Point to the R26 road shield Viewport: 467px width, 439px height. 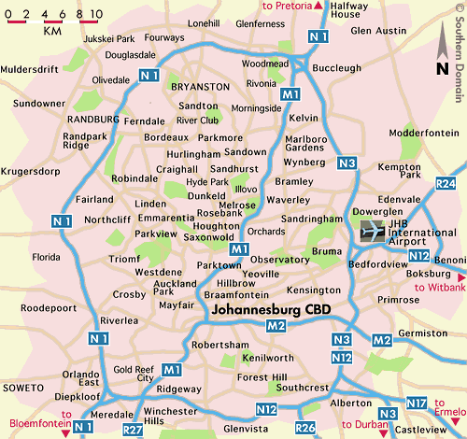(304, 427)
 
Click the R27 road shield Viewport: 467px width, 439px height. (134, 428)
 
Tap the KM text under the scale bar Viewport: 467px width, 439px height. (52, 31)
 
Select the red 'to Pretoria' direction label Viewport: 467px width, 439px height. (291, 7)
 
